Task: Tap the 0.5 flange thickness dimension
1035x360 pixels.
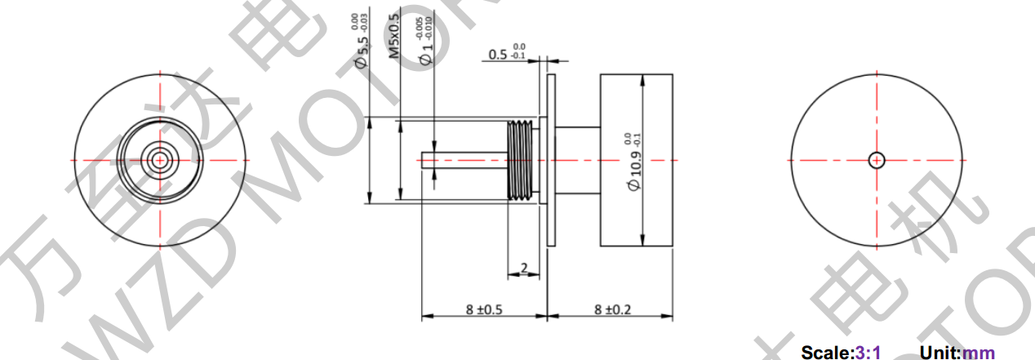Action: coord(498,55)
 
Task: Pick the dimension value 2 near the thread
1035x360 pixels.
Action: coord(523,267)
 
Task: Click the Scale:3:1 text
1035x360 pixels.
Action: coord(841,353)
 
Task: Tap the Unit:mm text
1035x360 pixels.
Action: coord(957,353)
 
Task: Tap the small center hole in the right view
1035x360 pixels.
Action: coord(877,160)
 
